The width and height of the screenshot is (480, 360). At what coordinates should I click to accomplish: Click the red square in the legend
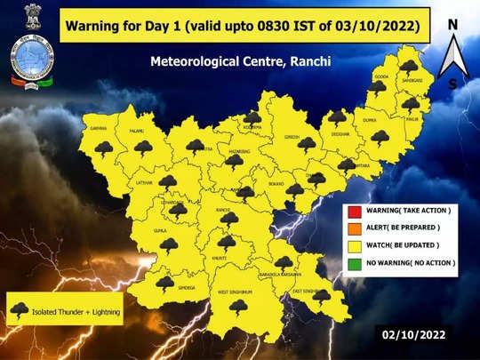[353, 211]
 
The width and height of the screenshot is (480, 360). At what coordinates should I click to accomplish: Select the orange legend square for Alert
[353, 228]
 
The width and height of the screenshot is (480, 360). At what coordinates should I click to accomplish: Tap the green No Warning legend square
[353, 263]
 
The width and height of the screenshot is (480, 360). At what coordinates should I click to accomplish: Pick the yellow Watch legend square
[353, 245]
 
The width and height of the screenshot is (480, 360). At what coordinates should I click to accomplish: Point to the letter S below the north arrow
[453, 84]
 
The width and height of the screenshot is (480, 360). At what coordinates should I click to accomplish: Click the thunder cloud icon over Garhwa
[103, 148]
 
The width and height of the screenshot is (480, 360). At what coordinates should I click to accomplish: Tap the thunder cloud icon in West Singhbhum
[237, 306]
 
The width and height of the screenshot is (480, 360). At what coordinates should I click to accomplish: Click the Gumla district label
[160, 229]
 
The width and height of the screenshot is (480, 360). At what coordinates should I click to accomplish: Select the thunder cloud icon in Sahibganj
[409, 68]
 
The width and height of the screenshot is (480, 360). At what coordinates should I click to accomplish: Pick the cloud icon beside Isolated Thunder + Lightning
[20, 309]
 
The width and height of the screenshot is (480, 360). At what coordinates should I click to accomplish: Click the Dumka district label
[371, 120]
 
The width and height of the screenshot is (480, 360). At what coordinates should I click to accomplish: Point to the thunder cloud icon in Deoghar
[337, 116]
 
